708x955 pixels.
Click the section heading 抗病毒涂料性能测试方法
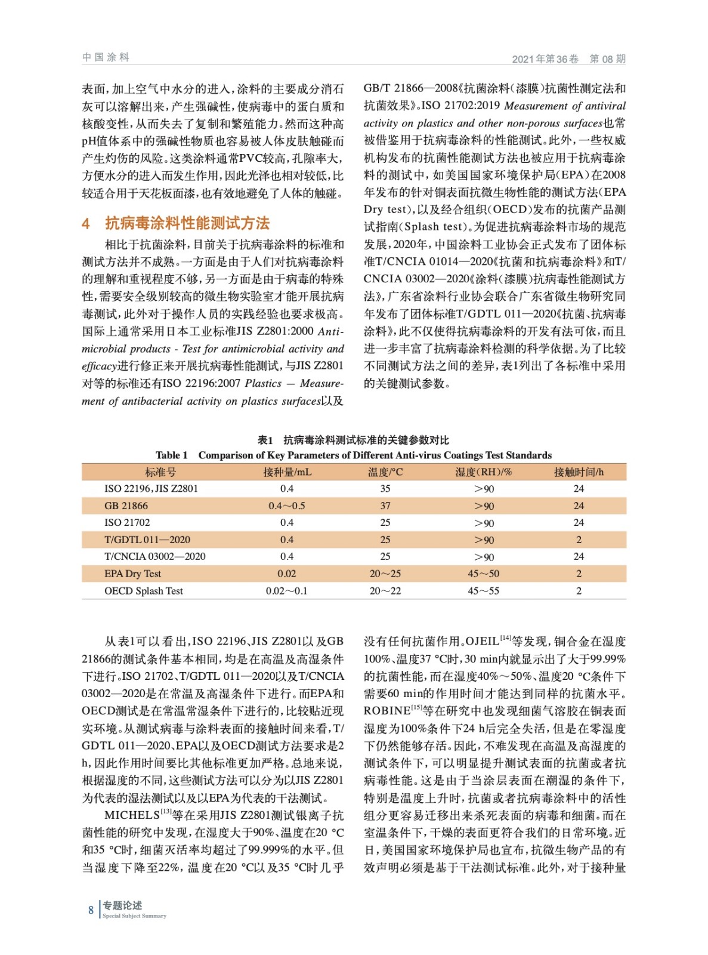187,223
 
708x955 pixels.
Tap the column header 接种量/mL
287,472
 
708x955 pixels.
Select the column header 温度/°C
385,472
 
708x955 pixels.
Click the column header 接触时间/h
578,472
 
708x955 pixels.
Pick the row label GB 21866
126,506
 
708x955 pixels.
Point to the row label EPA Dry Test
132,574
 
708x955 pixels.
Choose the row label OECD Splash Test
143,591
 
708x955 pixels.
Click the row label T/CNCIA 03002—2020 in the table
154,556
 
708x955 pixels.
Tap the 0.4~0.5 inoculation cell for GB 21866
286,506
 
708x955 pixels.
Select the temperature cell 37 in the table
385,506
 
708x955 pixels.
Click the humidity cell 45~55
483,591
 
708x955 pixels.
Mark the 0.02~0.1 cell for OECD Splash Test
286,591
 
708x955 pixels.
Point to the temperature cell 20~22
385,591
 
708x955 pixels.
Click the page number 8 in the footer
91,910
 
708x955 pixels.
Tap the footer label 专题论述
122,905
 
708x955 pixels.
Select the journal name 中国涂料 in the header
106,57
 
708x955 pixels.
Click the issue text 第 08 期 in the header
607,58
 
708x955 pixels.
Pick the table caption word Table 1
172,455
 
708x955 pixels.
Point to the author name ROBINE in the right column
387,711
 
